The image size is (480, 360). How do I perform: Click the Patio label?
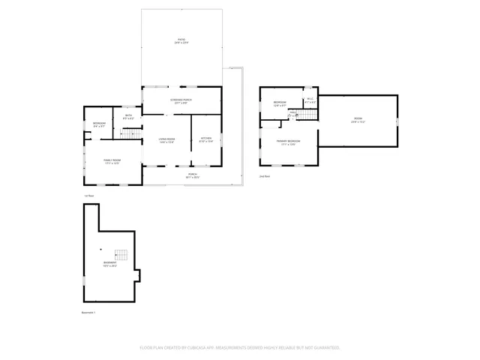[x=181, y=40]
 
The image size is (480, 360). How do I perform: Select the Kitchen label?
[x=206, y=139]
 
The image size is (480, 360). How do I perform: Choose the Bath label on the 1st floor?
[x=128, y=117]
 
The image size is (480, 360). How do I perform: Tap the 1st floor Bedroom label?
[x=99, y=124]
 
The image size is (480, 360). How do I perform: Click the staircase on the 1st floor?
[x=131, y=134]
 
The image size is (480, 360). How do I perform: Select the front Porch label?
[x=193, y=175]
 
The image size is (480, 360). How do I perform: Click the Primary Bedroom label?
[x=288, y=142]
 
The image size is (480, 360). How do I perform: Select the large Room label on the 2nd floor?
[x=358, y=120]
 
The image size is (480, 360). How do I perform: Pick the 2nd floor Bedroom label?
[x=280, y=103]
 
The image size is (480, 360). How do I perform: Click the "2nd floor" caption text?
[x=264, y=177]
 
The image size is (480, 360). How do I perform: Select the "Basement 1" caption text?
[x=88, y=312]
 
